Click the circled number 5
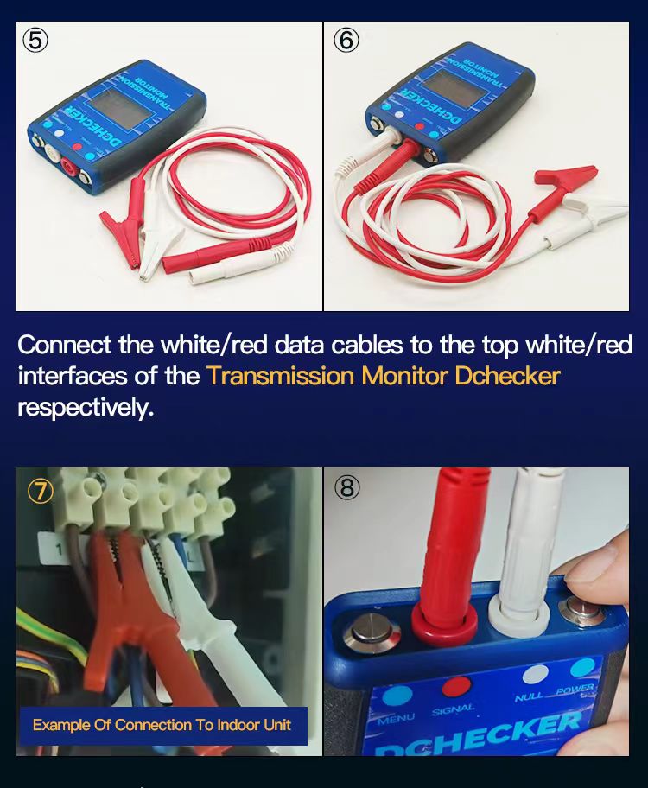click(x=35, y=41)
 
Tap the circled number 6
click(x=346, y=41)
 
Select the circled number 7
click(x=41, y=491)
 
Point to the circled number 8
click(x=346, y=488)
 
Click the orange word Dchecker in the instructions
click(x=507, y=376)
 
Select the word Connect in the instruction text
click(x=65, y=345)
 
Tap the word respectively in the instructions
click(x=85, y=407)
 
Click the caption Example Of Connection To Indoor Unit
click(x=162, y=724)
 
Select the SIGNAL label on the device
click(x=453, y=709)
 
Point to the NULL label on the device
click(x=529, y=696)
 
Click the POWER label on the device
click(x=576, y=689)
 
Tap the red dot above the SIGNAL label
click(x=455, y=687)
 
